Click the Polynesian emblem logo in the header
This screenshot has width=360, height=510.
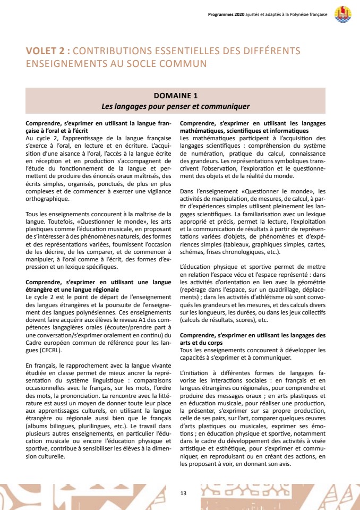pyautogui.click(x=343, y=14)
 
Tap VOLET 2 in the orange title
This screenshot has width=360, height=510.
pyautogui.click(x=47, y=51)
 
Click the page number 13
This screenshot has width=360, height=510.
pyautogui.click(x=183, y=494)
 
